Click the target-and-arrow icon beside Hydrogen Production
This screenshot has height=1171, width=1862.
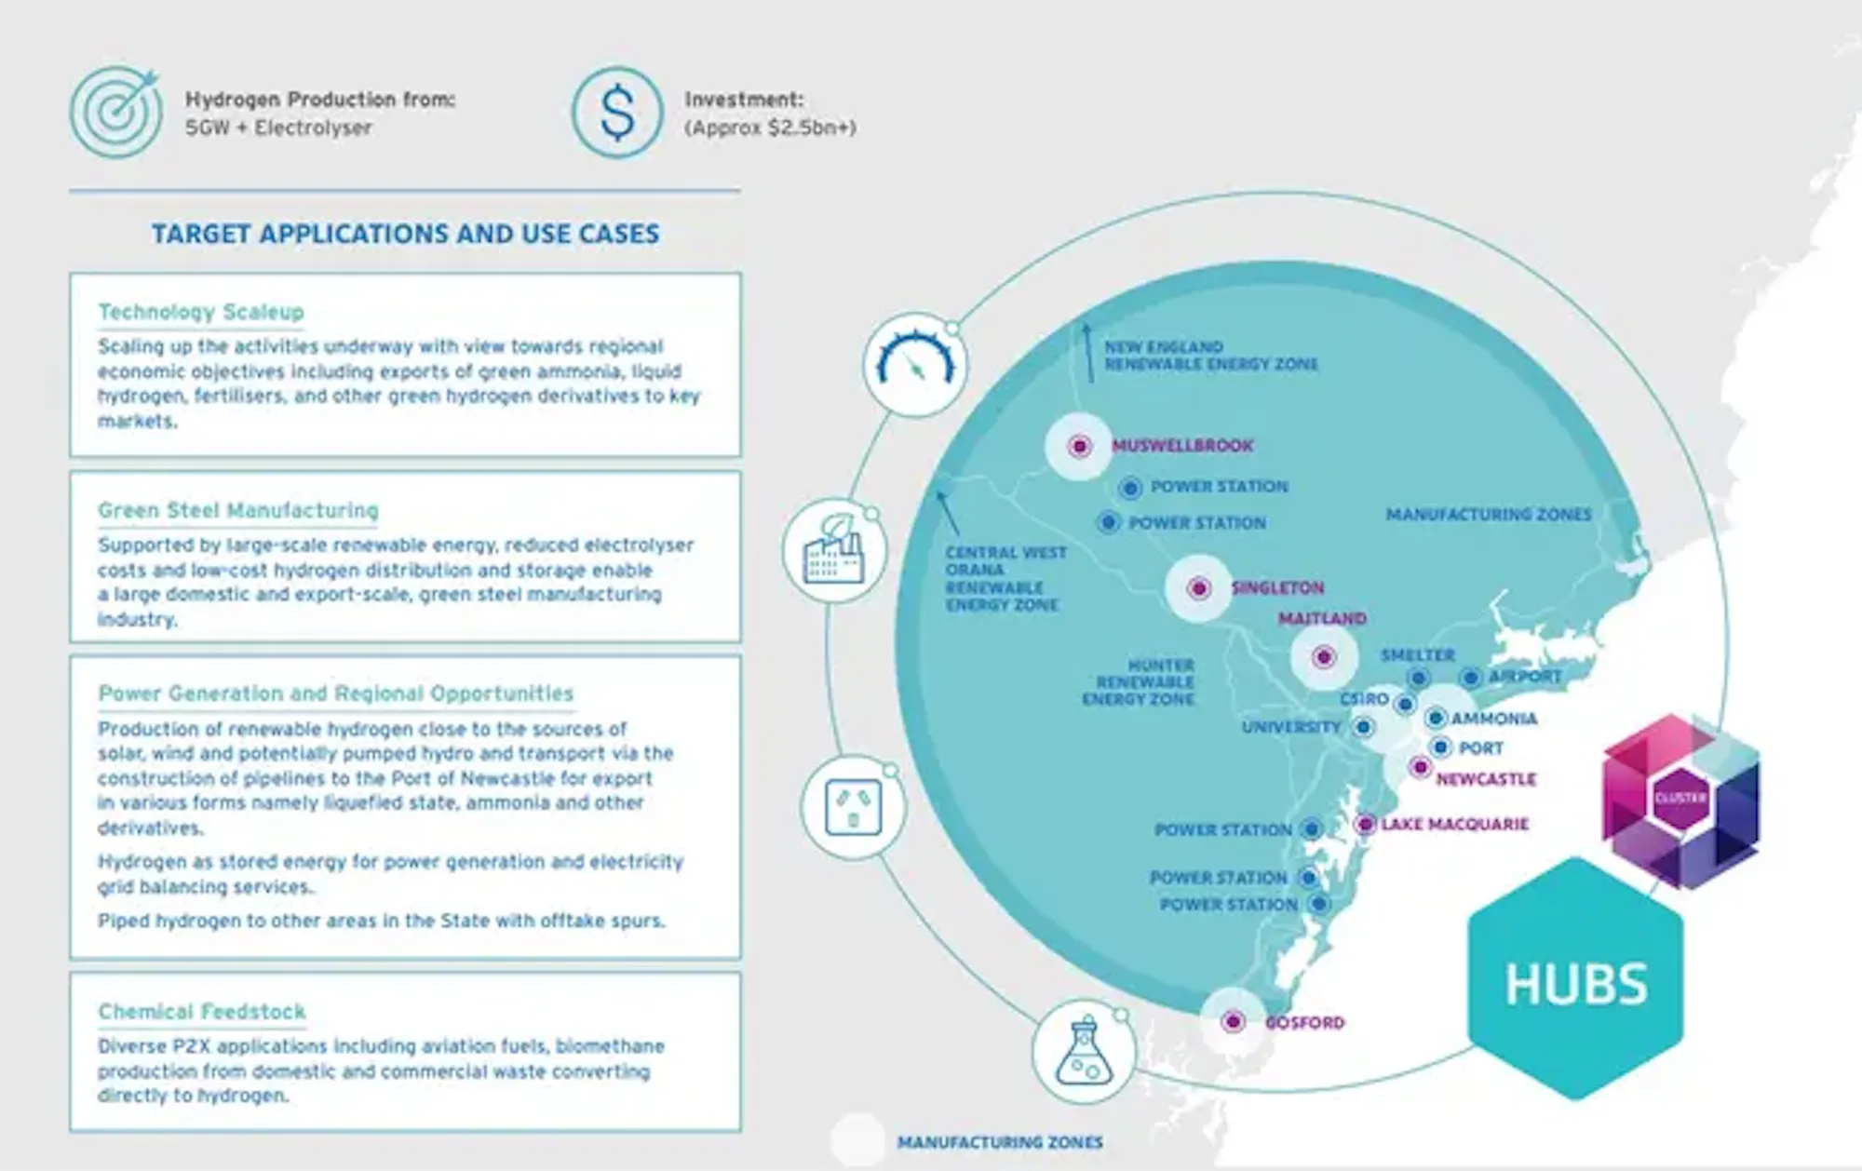(x=115, y=113)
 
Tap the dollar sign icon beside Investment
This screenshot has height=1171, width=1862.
(x=617, y=113)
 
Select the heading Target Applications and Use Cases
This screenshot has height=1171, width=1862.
(x=406, y=234)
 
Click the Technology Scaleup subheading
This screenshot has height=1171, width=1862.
(x=201, y=312)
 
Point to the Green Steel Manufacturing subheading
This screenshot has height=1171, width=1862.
(x=238, y=510)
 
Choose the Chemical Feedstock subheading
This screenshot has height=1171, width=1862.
(x=202, y=1012)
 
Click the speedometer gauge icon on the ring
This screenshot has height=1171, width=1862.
(x=916, y=364)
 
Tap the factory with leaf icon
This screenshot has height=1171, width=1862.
(x=835, y=550)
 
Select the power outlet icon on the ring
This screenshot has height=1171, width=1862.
(x=853, y=806)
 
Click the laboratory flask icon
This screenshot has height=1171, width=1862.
(x=1084, y=1052)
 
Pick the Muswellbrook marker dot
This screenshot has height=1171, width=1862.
(x=1079, y=447)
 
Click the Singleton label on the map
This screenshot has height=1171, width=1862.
(x=1277, y=588)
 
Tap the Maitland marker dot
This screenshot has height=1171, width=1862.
(x=1324, y=657)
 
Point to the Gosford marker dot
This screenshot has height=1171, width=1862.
(x=1234, y=1022)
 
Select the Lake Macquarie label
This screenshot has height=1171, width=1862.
(x=1455, y=825)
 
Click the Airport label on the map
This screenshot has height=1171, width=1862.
(x=1525, y=677)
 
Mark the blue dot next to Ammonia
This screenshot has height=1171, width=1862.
(x=1436, y=718)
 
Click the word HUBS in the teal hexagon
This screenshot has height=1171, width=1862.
(x=1576, y=984)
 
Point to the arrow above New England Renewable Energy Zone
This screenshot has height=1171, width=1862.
(x=1086, y=352)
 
